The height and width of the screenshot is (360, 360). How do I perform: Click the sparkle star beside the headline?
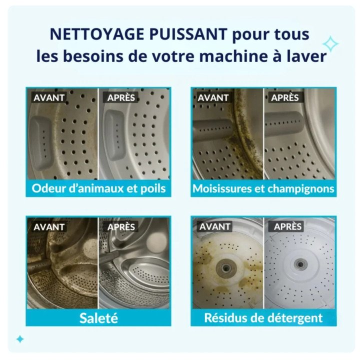click(x=330, y=44)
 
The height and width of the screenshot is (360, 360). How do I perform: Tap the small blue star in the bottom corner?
click(x=20, y=339)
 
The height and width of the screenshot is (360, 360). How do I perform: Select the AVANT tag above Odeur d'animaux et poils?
click(x=49, y=97)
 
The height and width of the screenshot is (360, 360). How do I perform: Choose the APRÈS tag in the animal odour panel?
click(x=121, y=97)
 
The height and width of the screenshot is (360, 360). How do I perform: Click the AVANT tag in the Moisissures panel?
click(x=213, y=97)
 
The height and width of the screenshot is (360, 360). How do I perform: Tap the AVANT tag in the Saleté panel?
click(x=49, y=226)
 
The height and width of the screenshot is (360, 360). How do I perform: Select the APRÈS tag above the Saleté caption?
click(x=121, y=226)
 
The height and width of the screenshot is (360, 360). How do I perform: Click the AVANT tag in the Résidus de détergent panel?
click(x=215, y=226)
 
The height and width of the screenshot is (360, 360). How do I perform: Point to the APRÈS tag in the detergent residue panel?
click(x=288, y=226)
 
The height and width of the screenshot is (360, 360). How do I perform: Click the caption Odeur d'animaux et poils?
click(x=98, y=189)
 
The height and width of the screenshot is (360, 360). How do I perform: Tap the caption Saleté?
click(x=98, y=318)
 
